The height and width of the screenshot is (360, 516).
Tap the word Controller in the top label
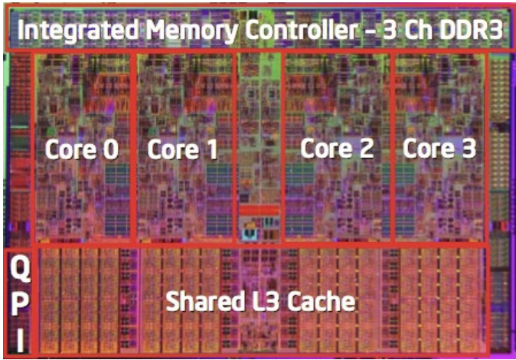tap(301, 30)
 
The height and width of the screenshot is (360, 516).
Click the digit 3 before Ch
tap(390, 31)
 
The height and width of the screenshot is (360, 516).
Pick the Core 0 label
tap(82, 149)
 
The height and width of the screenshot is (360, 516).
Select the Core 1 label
tap(183, 149)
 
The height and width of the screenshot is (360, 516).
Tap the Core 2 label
tap(337, 148)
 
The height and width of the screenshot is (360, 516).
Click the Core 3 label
tap(439, 148)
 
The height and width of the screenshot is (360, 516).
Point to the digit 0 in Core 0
tap(111, 149)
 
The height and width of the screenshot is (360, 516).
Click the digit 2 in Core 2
tap(366, 148)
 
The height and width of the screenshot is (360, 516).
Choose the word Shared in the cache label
tap(204, 301)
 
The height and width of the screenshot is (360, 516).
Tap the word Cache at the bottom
tap(322, 301)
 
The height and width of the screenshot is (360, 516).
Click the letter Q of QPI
tap(20, 269)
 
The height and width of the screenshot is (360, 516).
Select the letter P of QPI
tap(19, 305)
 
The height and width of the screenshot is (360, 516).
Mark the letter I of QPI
tap(20, 340)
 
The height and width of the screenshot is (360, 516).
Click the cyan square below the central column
tap(250, 233)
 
